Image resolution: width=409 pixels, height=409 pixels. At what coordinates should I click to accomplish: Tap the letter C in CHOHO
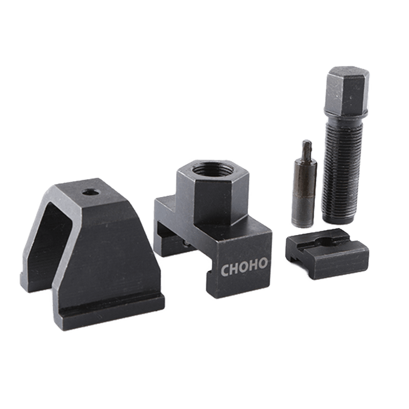click(225, 271)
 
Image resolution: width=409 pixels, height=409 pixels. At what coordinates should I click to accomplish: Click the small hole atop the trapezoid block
click(92, 193)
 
